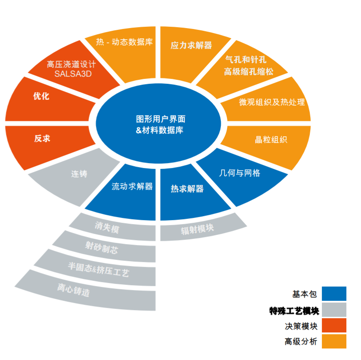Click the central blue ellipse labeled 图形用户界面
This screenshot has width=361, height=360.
point(158,124)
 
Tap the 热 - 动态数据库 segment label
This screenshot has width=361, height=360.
point(124,42)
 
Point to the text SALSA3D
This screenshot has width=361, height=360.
point(73,74)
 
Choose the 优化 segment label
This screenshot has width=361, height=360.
point(41,96)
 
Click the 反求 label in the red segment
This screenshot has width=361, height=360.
point(42,139)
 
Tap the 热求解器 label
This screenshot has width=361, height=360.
point(187,189)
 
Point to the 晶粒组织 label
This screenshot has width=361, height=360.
point(271,139)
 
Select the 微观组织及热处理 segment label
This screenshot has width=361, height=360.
point(272,102)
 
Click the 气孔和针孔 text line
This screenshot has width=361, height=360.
point(246,60)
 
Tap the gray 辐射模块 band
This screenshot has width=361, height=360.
point(203,228)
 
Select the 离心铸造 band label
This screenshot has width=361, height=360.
point(73,290)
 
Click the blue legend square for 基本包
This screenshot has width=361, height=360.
point(334,294)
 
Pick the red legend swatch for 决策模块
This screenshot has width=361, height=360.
point(334,325)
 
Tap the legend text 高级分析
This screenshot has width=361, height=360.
point(301,341)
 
